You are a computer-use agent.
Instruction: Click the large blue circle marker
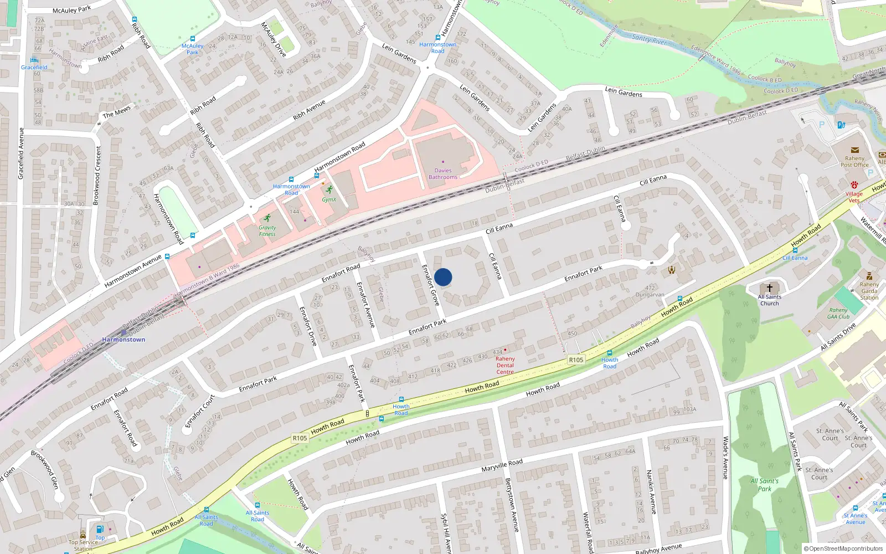point(443,277)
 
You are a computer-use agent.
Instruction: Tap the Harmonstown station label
point(123,340)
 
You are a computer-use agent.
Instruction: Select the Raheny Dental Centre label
point(505,365)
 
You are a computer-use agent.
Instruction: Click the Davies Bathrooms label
point(443,174)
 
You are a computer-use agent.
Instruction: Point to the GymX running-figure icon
point(329,190)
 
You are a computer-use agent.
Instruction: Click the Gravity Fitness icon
point(267,218)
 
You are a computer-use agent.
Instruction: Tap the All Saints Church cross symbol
point(769,288)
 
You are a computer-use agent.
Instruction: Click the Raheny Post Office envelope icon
point(854,150)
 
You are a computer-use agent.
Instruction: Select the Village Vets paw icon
point(854,184)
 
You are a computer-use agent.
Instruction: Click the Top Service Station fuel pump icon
point(100,529)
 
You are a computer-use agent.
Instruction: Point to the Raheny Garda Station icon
point(869,276)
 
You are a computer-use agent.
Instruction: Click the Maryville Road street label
point(502,465)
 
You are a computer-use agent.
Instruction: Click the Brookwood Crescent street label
point(97,175)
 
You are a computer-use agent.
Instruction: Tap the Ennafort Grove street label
point(430,285)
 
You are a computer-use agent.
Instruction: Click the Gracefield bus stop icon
point(34,60)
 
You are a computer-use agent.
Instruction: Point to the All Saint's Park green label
point(764,485)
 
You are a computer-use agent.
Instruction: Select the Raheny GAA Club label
point(838,314)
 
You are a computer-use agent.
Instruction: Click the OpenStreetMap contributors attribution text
point(843,548)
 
